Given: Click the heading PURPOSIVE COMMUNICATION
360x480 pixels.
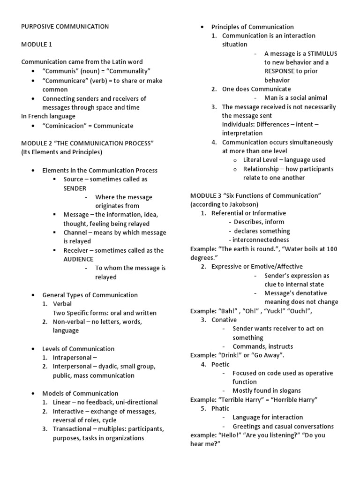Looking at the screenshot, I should point(65,27).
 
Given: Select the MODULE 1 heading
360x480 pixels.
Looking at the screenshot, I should point(37,45).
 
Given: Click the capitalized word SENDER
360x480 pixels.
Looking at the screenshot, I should point(75,188).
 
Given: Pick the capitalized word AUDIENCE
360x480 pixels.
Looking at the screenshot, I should point(78,259).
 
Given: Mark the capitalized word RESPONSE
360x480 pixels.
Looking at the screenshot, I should point(281,71).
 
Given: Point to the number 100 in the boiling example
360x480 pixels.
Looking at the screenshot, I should point(331,249).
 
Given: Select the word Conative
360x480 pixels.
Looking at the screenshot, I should point(224,320).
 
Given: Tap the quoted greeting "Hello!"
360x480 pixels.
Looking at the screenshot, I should point(231,435).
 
